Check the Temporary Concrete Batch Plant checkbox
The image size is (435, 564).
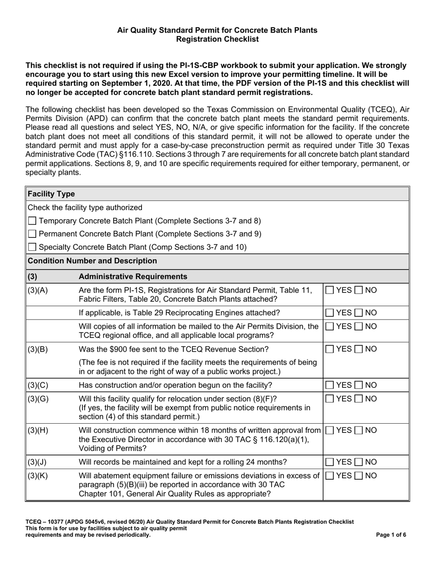point(32,221)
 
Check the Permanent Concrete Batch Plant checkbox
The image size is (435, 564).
point(32,234)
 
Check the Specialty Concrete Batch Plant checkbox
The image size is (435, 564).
point(32,247)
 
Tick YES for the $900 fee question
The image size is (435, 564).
point(330,349)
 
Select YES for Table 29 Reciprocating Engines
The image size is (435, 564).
point(330,313)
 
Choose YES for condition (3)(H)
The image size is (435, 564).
point(330,431)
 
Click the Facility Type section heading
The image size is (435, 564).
point(51,194)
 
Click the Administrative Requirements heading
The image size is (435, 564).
point(133,276)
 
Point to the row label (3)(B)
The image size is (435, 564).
point(38,349)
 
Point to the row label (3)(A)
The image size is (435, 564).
point(38,290)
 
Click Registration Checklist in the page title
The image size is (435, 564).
point(217,39)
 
